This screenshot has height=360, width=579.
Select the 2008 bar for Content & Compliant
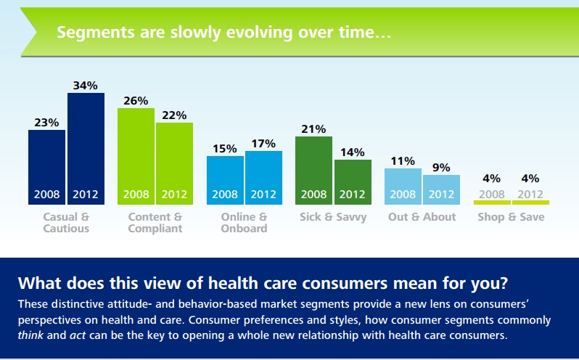pyautogui.click(x=136, y=156)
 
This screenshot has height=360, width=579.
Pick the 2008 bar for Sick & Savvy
pyautogui.click(x=313, y=171)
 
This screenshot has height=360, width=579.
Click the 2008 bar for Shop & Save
pyautogui.click(x=492, y=202)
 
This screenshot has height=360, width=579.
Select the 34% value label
pyautogui.click(x=86, y=86)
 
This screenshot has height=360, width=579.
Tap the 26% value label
pyautogui.click(x=136, y=100)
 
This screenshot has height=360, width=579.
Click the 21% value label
pyautogui.click(x=313, y=128)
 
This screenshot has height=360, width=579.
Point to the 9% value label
pyautogui.click(x=441, y=168)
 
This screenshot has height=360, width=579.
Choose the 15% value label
pyautogui.click(x=225, y=148)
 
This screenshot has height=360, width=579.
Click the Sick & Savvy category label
pyautogui.click(x=333, y=217)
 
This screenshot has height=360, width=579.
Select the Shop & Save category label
pyautogui.click(x=511, y=217)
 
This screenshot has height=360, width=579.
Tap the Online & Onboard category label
pyautogui.click(x=244, y=223)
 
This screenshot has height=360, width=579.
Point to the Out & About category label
pyautogui.click(x=422, y=217)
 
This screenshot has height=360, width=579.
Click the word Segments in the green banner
pyautogui.click(x=91, y=33)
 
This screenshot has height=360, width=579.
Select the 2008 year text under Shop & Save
pyautogui.click(x=492, y=195)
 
